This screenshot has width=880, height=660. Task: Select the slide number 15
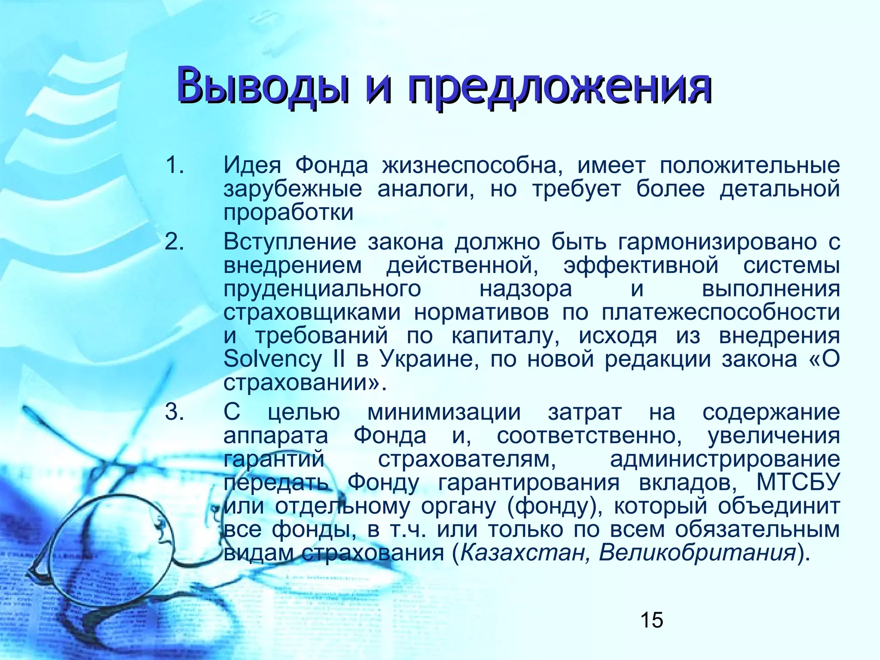651,620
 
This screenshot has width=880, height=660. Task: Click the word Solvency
272,359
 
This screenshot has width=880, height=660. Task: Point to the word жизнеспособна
473,165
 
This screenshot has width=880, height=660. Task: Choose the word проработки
288,212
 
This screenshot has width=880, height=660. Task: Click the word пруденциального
322,289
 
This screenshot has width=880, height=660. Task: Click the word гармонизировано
718,242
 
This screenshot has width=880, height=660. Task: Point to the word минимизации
444,412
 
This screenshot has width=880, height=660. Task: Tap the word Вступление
290,242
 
